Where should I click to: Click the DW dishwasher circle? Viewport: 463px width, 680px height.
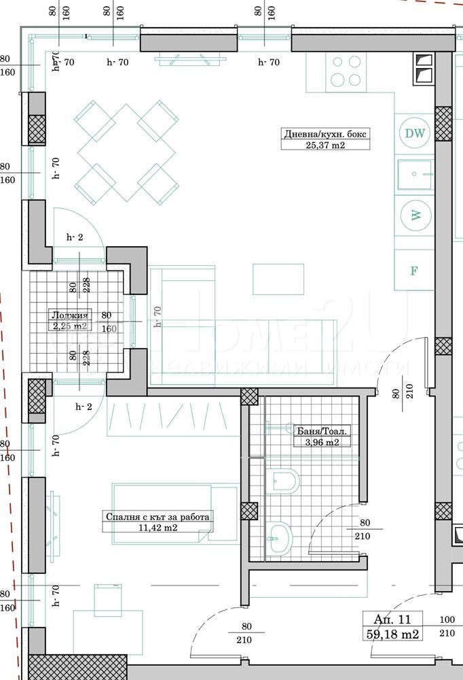point(414,133)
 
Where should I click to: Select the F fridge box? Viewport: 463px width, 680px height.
point(413,270)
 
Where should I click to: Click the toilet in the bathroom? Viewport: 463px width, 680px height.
point(284,480)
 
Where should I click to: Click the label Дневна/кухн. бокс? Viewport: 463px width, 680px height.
point(326,134)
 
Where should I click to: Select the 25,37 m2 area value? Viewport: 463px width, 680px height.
point(326,145)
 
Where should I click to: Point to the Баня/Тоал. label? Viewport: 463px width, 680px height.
point(322,430)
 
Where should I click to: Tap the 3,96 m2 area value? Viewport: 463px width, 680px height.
point(322,442)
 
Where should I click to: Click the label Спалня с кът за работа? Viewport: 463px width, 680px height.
point(158,516)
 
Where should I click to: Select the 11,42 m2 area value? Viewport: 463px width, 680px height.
point(158,527)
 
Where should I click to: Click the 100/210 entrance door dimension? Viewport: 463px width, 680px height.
point(447,626)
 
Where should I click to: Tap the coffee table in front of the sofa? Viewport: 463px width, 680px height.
point(278,279)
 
